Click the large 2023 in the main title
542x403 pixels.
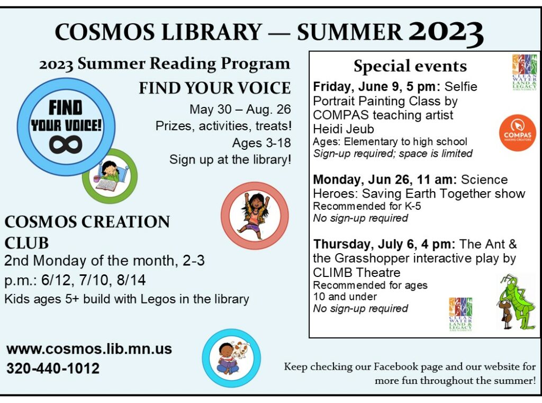(446, 33)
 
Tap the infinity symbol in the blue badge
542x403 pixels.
(66, 144)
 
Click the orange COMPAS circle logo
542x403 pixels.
(517, 133)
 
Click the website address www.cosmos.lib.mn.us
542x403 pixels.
(89, 349)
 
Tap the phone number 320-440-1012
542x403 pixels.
(53, 368)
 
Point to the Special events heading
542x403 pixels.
(410, 66)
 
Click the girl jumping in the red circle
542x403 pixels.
(254, 215)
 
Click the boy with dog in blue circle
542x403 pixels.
(231, 358)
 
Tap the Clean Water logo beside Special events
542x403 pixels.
(524, 72)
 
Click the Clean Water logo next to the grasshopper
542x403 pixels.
(460, 314)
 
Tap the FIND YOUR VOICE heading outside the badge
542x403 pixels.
(214, 88)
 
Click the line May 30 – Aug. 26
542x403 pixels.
(240, 110)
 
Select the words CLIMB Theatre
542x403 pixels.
(357, 273)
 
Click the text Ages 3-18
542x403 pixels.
(261, 143)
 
